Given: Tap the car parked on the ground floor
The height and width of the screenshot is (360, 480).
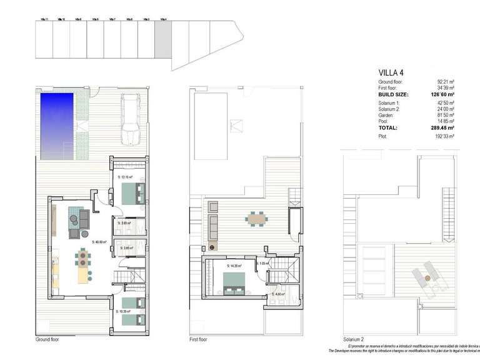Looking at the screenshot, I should point(131,119).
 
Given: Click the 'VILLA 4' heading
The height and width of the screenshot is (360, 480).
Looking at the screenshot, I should point(392,72).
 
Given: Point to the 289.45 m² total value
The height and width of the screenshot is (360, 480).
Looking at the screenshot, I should point(441,127).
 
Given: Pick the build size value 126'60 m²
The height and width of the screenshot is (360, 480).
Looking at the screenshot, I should point(441,94).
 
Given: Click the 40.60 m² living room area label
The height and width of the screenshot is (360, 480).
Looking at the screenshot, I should point(99,242).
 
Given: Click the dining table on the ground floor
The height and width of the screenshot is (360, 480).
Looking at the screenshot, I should point(83,257).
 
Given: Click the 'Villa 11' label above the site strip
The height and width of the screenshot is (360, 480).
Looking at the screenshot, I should point(44,19).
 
